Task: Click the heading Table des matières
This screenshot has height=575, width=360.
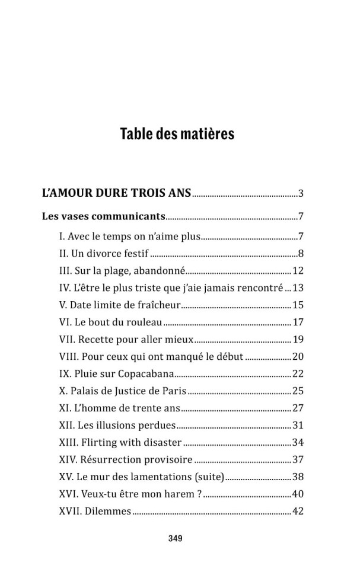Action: tap(177, 134)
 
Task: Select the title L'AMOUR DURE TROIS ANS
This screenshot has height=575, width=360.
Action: tap(117, 193)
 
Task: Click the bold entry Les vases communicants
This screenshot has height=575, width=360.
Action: tap(103, 216)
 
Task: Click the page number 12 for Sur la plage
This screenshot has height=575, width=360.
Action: tap(298, 271)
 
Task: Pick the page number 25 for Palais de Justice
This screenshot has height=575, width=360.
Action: tap(298, 391)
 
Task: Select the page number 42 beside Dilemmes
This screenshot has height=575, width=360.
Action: tap(298, 511)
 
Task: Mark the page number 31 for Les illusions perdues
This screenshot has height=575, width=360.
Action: tap(298, 426)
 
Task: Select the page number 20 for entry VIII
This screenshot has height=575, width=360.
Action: tap(298, 357)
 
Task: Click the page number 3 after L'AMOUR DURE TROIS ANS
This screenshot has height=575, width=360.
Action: tap(301, 193)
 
